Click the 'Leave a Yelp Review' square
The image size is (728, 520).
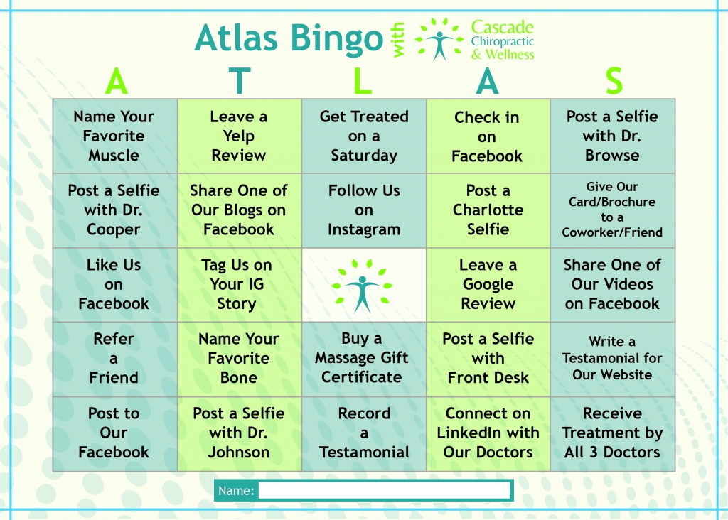[240, 136]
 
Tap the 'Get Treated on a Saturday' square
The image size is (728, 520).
[364, 136]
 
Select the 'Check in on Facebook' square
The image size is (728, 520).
[488, 136]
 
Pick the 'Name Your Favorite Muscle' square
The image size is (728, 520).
[115, 136]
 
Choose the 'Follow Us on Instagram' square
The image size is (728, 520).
[364, 210]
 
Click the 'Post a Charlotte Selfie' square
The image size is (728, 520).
[488, 210]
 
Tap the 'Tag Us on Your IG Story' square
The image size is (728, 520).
[240, 285]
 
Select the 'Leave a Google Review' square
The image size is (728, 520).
[488, 285]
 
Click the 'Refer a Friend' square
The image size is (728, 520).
[115, 359]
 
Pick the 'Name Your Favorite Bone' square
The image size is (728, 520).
[240, 359]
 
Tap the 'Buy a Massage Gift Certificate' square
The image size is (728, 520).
[364, 359]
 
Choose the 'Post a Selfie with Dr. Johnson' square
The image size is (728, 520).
[240, 434]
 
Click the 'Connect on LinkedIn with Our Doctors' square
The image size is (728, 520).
[488, 434]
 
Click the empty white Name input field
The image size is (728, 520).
[384, 490]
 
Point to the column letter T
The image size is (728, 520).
[240, 81]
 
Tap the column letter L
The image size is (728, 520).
[363, 81]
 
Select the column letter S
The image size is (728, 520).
[614, 81]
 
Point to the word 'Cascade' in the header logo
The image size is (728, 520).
[503, 28]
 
